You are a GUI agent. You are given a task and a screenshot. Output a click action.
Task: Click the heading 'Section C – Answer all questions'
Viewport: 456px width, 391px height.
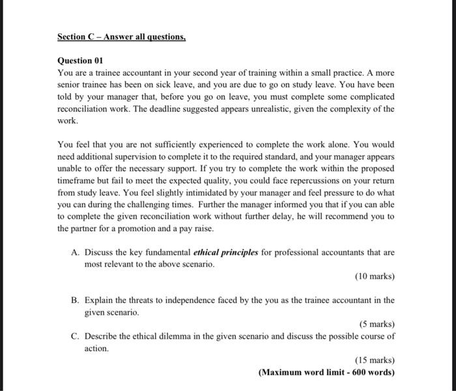121,37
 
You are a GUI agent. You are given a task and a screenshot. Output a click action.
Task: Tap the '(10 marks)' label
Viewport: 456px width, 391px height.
375,276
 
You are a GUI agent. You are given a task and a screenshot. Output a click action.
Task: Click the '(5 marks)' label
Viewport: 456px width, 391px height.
377,325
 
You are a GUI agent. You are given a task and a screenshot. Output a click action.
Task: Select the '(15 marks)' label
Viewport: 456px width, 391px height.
375,360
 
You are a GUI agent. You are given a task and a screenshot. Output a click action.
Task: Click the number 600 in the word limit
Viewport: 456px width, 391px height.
354,373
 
